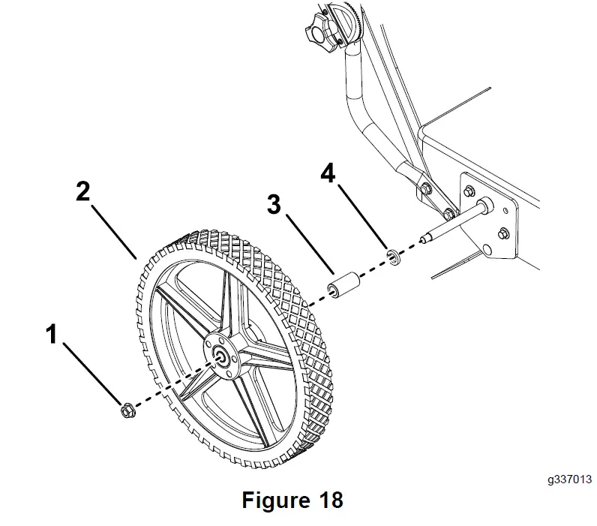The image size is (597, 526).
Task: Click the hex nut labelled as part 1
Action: click(126, 410)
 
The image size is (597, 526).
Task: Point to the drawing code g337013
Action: click(569, 478)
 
